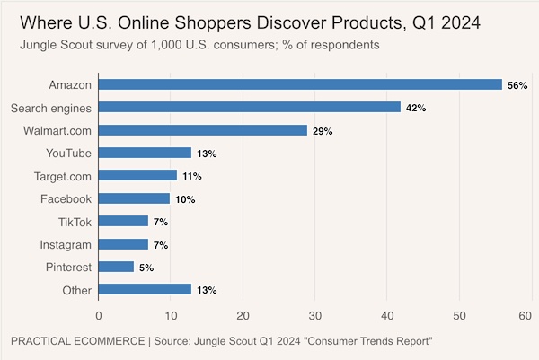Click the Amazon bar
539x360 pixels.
click(x=300, y=84)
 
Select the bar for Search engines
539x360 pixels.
click(x=250, y=107)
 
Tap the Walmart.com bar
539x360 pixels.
click(x=203, y=130)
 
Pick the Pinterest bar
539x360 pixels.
click(x=116, y=267)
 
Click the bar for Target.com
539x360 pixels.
click(x=137, y=175)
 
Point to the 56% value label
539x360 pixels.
click(x=516, y=85)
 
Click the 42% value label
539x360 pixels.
click(x=415, y=108)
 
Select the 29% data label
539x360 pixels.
click(x=322, y=131)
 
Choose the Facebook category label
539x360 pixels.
click(x=66, y=198)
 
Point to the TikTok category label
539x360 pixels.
click(x=74, y=221)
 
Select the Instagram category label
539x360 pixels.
click(x=65, y=244)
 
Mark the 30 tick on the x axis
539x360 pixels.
click(x=314, y=316)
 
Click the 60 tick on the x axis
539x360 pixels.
click(x=526, y=316)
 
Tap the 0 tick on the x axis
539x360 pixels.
click(x=99, y=316)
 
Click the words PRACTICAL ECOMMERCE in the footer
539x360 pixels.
click(x=78, y=341)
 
